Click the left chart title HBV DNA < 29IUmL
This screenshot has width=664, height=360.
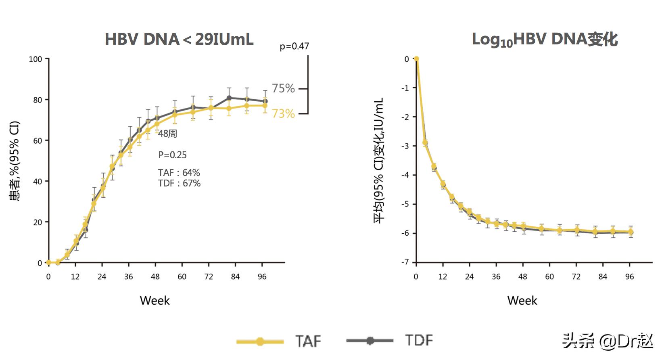pos(179,39)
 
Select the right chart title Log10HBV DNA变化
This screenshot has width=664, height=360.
pos(545,40)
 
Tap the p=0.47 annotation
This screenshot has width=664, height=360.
pos(294,46)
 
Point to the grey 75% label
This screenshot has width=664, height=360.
pos(283,88)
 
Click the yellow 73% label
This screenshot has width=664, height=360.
pos(283,114)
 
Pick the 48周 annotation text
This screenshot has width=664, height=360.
pos(167,134)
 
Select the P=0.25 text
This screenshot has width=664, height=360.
pos(172,155)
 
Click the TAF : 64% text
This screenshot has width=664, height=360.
pos(179,173)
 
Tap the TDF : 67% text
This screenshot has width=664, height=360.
pos(179,183)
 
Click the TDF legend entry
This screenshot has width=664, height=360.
pos(389,341)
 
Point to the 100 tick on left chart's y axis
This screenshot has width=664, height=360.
pos(35,59)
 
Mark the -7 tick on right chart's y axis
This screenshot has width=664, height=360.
pos(405,262)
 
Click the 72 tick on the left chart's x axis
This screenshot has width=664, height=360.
pos(209,277)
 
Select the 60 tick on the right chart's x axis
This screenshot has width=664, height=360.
pos(549,277)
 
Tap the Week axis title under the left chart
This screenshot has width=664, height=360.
pos(155,301)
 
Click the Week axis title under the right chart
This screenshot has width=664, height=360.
pos(522,301)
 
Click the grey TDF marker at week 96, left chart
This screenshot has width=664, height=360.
pos(265,101)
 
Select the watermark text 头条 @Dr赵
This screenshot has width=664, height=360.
pos(608,341)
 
